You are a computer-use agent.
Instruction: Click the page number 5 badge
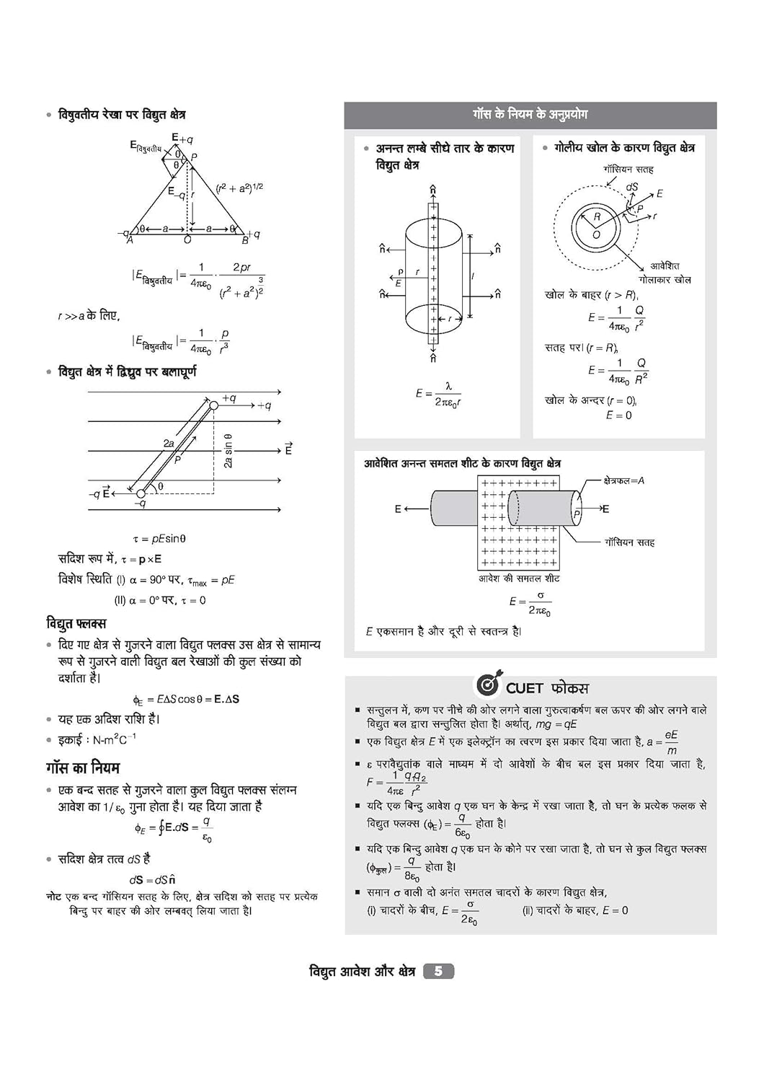pos(438,971)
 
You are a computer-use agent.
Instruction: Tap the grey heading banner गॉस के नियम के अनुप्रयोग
pos(530,115)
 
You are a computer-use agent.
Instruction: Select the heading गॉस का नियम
pos(83,767)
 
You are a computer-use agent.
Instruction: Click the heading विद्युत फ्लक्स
pos(76,623)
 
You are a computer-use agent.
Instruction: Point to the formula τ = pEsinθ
pos(159,538)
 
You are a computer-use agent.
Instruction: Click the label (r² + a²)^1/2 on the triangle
pos(239,188)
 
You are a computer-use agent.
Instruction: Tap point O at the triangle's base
pos(187,239)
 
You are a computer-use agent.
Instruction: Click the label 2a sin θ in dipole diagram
pos(228,451)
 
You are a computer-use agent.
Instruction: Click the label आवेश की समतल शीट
pos(519,579)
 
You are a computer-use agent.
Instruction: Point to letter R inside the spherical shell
pos(597,216)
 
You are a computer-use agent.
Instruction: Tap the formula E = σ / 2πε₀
pos(530,603)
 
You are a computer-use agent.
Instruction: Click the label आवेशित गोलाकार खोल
pos(665,273)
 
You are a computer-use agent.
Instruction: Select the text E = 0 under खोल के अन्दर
pos(618,415)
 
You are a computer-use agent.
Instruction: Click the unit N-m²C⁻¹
pos(114,739)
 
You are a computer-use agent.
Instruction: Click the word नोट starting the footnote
pos(54,897)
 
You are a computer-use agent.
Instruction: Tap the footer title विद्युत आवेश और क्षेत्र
pos(362,972)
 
